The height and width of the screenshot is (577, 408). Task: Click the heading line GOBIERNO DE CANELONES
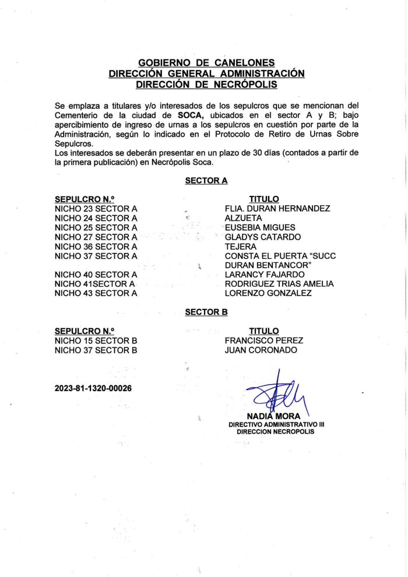[x=206, y=63]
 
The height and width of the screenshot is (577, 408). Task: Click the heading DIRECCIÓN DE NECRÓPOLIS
[x=206, y=84]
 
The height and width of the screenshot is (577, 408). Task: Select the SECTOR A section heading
[x=206, y=181]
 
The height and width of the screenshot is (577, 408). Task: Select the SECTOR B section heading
[x=206, y=312]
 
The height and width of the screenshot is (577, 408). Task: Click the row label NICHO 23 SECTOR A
[x=96, y=209]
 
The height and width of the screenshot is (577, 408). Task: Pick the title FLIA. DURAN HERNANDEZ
[x=277, y=209]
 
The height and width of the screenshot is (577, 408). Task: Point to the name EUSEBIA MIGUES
[x=260, y=227]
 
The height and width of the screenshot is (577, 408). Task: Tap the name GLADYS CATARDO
[x=263, y=237]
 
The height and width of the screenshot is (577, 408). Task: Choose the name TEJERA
[x=240, y=247]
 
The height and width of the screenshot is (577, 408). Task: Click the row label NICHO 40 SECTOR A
[x=96, y=275]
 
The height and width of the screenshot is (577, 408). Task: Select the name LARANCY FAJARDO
[x=265, y=275]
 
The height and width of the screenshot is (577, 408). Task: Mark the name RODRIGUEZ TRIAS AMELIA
[x=279, y=284]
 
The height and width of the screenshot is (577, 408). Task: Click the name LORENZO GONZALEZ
[x=268, y=293]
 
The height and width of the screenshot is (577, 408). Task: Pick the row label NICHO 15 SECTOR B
[x=96, y=340]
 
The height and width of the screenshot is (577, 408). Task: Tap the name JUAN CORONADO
[x=261, y=350]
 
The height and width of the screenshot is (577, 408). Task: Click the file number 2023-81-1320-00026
[x=93, y=388]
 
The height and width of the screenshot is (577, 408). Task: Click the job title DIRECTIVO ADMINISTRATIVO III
[x=276, y=424]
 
